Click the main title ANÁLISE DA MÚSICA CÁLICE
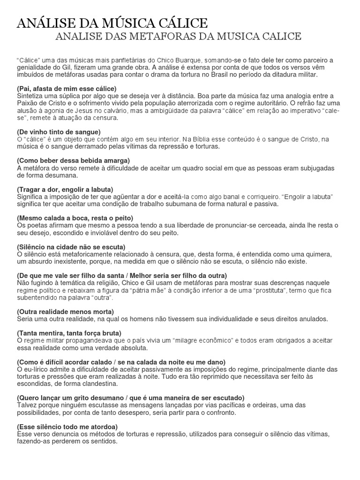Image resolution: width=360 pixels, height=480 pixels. click(x=112, y=23)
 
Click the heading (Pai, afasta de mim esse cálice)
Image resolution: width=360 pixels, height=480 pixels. click(x=66, y=89)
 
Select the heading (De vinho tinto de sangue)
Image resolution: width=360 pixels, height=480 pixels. click(x=59, y=132)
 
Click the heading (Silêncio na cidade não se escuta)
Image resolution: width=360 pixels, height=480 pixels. click(x=71, y=247)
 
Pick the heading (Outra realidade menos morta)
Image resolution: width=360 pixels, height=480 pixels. click(x=65, y=312)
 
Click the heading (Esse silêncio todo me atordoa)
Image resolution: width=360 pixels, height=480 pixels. click(x=67, y=427)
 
